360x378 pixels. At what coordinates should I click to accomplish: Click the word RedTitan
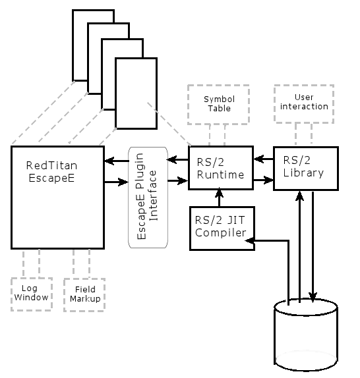(x=51, y=165)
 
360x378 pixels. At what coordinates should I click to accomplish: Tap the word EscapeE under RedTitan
(x=51, y=178)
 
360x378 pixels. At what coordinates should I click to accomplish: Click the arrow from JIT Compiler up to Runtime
(x=220, y=197)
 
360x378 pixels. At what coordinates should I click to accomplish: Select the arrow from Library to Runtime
(x=264, y=159)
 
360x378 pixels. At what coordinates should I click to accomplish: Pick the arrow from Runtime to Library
(x=264, y=180)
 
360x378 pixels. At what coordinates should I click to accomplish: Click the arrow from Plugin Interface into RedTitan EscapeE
(x=117, y=161)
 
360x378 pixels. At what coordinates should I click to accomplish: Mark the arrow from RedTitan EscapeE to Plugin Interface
(x=117, y=182)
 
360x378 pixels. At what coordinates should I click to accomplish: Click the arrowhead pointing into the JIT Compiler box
(x=249, y=240)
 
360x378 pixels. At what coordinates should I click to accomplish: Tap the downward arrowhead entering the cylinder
(x=313, y=297)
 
